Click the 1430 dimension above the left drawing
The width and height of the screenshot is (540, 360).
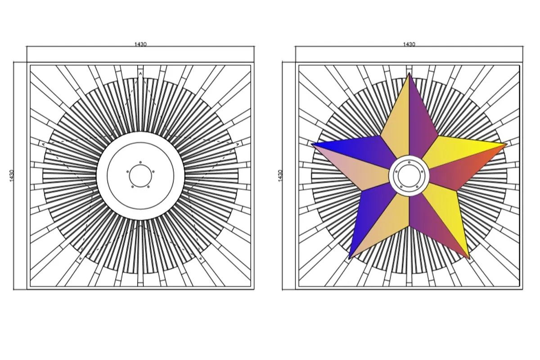click(140, 44)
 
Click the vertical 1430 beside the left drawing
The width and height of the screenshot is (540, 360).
click(12, 176)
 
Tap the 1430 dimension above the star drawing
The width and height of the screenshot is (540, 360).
click(409, 44)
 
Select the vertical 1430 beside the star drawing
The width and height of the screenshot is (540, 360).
click(280, 176)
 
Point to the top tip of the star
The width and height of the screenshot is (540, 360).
click(409, 73)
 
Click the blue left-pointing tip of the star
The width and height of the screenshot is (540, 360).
click(311, 144)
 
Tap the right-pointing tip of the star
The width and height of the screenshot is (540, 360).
click(507, 144)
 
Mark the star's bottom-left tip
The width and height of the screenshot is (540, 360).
click(349, 259)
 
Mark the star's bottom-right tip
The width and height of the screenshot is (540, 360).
click(469, 259)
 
